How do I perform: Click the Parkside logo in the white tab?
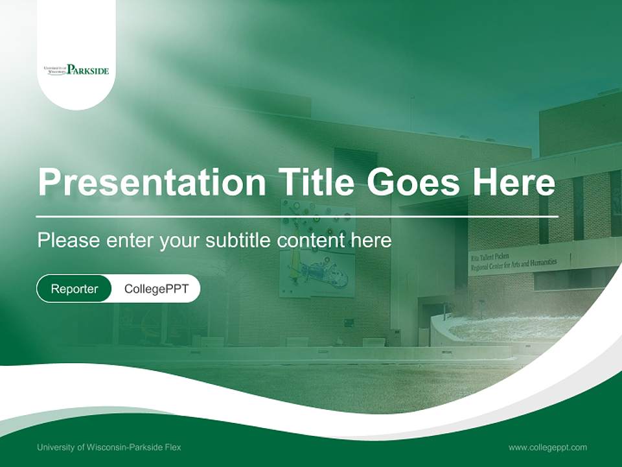point(76,69)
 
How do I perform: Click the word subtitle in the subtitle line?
point(238,241)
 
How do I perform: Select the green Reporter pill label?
point(75,289)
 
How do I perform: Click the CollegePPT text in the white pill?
point(156,289)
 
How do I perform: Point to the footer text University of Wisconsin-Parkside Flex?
point(109,447)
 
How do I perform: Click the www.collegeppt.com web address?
point(547,447)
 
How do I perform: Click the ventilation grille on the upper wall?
point(355,165)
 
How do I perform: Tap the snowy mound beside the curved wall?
point(512,328)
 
